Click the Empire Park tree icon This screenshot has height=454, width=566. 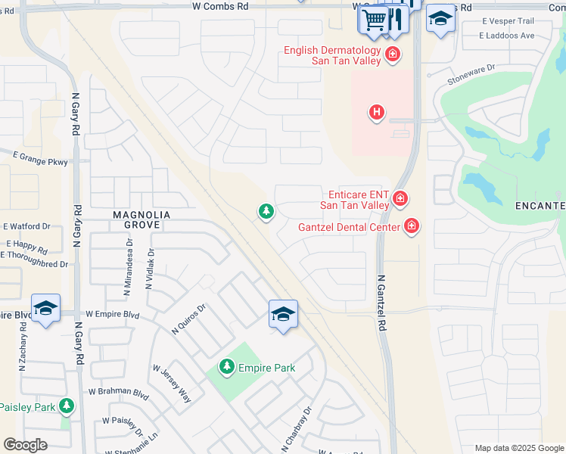[x=226, y=368]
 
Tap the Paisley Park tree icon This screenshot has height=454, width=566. [x=67, y=406]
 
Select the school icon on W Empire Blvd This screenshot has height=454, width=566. [x=45, y=309]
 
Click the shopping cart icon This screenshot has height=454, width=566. [x=373, y=20]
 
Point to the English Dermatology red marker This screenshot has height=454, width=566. [x=392, y=54]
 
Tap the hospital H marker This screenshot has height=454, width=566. [x=376, y=113]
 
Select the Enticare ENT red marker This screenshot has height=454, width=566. [x=400, y=199]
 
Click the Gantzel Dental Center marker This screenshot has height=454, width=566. [x=411, y=225]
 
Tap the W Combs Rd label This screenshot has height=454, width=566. [x=221, y=6]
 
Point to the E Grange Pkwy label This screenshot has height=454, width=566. [x=40, y=161]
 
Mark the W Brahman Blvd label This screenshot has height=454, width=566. [x=118, y=392]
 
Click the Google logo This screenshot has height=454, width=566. [x=25, y=444]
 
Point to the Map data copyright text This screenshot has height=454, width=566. [x=518, y=448]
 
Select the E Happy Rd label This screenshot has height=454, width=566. [x=26, y=246]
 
